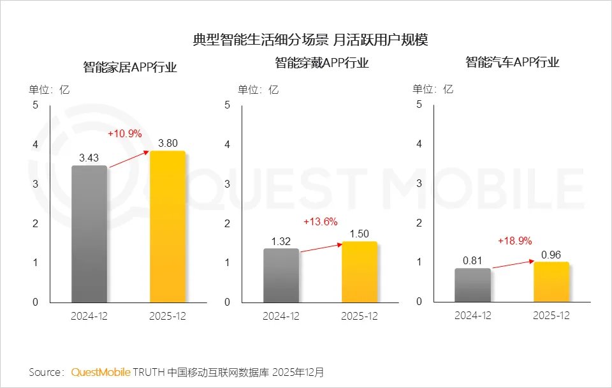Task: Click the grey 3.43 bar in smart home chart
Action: [89, 234]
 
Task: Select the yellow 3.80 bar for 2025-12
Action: [167, 227]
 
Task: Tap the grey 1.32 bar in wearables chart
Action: [281, 275]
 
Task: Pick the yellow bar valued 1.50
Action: [359, 272]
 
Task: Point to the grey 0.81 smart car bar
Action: [472, 285]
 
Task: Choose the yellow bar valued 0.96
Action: [551, 281]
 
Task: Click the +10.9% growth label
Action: [124, 134]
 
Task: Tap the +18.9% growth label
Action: [514, 241]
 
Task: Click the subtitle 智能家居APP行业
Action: [130, 67]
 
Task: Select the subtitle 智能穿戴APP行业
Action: [322, 63]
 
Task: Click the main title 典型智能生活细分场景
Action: [261, 40]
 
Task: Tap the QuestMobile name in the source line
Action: [101, 371]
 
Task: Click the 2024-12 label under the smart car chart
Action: [472, 316]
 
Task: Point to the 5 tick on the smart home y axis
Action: [35, 105]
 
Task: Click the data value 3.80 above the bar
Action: [167, 143]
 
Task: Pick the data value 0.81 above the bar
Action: [472, 260]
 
